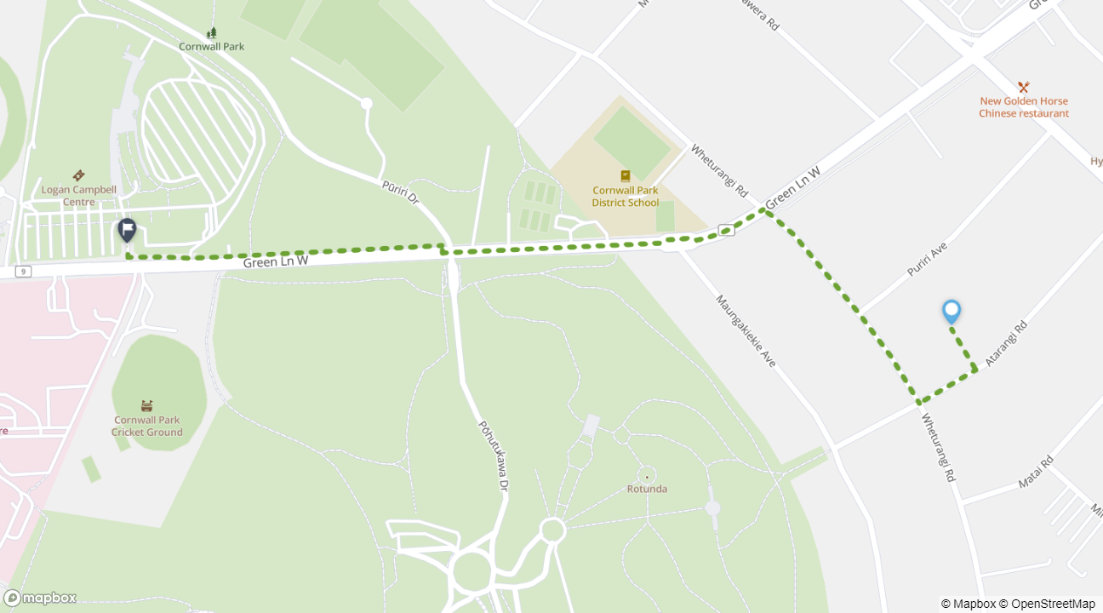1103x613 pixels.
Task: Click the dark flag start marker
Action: pyautogui.click(x=127, y=230)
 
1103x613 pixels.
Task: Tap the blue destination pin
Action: pyautogui.click(x=952, y=312)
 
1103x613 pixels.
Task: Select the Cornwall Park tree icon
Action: pyautogui.click(x=211, y=32)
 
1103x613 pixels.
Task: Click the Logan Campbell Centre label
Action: pyautogui.click(x=78, y=196)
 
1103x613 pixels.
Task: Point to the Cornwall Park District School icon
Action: pyautogui.click(x=626, y=176)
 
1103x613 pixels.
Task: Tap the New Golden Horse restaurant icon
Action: pyautogui.click(x=1023, y=87)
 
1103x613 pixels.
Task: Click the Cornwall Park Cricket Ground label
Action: pyautogui.click(x=147, y=426)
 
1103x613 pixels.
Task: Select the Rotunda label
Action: pyautogui.click(x=647, y=489)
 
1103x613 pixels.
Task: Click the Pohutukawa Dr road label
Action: pyautogui.click(x=492, y=455)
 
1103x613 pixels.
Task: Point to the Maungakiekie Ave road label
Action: pyautogui.click(x=746, y=331)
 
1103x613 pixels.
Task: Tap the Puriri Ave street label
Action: pyautogui.click(x=927, y=259)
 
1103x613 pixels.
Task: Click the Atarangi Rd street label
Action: pyautogui.click(x=1006, y=344)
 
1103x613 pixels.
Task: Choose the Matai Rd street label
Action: pyautogui.click(x=1036, y=473)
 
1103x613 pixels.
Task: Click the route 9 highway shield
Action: pyautogui.click(x=23, y=272)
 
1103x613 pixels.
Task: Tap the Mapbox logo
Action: pyautogui.click(x=40, y=598)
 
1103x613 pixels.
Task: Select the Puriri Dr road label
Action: pyautogui.click(x=400, y=192)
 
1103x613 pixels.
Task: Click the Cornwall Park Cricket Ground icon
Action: pyautogui.click(x=147, y=405)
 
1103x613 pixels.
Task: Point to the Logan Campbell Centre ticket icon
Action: pyautogui.click(x=78, y=175)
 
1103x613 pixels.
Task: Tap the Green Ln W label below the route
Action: pyautogui.click(x=275, y=262)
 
